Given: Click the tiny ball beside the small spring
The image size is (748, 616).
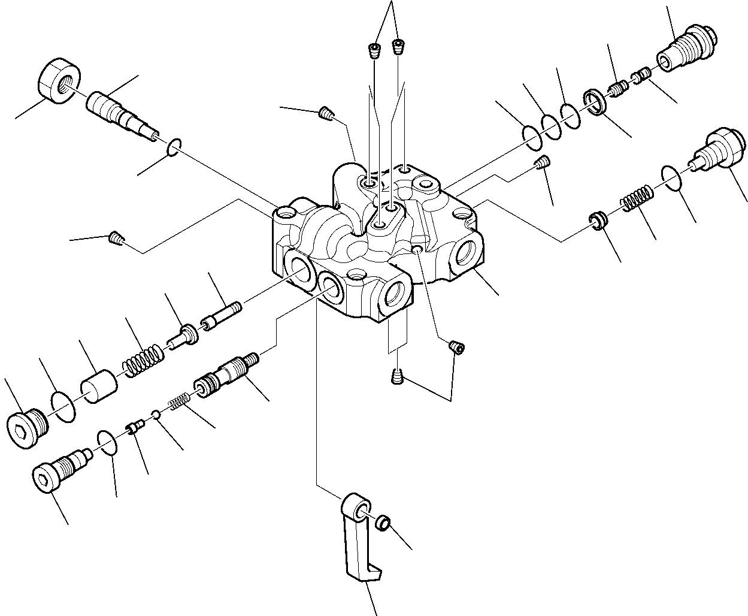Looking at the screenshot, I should coord(156,414).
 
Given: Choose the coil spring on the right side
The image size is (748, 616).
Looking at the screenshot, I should coord(635,198).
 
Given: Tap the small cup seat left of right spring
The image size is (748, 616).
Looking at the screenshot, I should coord(596,220).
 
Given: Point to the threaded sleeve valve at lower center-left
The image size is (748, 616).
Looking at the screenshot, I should coord(225,375).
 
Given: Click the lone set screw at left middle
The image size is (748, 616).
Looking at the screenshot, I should coord(116,238).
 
